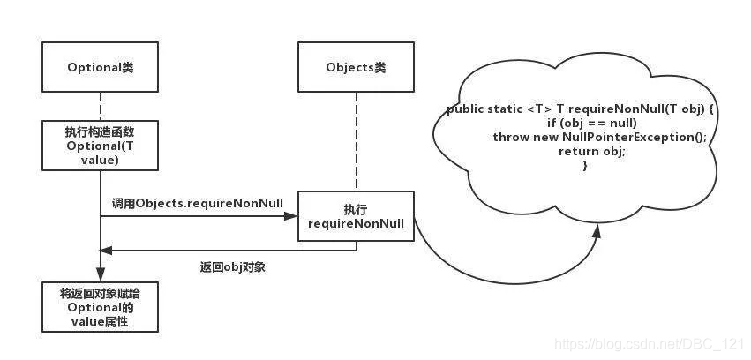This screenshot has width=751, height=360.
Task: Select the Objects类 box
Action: [x=356, y=68]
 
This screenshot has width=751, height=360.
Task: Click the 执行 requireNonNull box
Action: [x=356, y=217]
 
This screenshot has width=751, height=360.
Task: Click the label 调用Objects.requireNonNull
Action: [x=197, y=203]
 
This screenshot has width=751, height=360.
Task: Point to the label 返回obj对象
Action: [x=232, y=266]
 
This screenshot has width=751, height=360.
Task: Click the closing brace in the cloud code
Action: [x=585, y=165]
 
